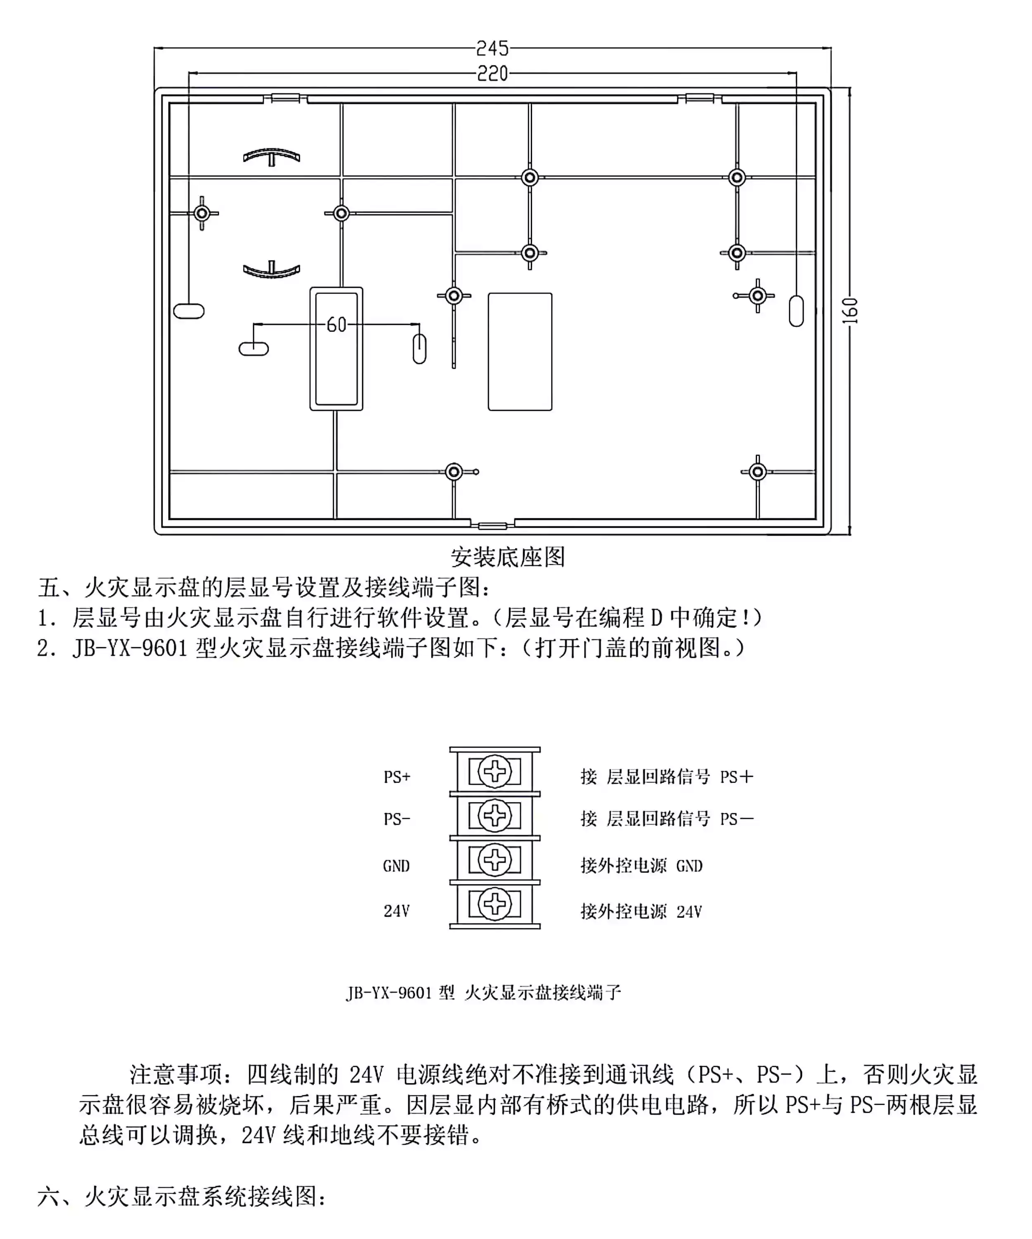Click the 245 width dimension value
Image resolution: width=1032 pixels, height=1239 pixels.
tap(492, 48)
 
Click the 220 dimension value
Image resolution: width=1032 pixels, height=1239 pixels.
tap(492, 74)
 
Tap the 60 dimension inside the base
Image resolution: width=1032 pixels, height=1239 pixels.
tap(337, 325)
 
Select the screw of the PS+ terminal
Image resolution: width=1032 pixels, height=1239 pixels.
tap(494, 771)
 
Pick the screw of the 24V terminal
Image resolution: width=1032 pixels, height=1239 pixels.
tap(494, 904)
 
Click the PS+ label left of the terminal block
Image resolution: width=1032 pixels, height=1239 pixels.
tap(396, 777)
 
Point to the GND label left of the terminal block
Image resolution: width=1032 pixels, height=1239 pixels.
tap(396, 866)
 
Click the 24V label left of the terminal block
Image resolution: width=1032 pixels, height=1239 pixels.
tap(396, 911)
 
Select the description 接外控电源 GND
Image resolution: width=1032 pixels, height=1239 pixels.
tap(641, 866)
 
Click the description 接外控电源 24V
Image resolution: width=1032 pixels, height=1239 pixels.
tap(641, 911)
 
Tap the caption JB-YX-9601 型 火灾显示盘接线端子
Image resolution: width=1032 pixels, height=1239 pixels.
tap(483, 992)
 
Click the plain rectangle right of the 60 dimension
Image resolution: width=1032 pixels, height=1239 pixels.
tap(520, 351)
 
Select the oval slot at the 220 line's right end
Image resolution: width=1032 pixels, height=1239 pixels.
tap(796, 311)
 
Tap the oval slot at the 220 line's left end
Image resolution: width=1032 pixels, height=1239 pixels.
tap(189, 311)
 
